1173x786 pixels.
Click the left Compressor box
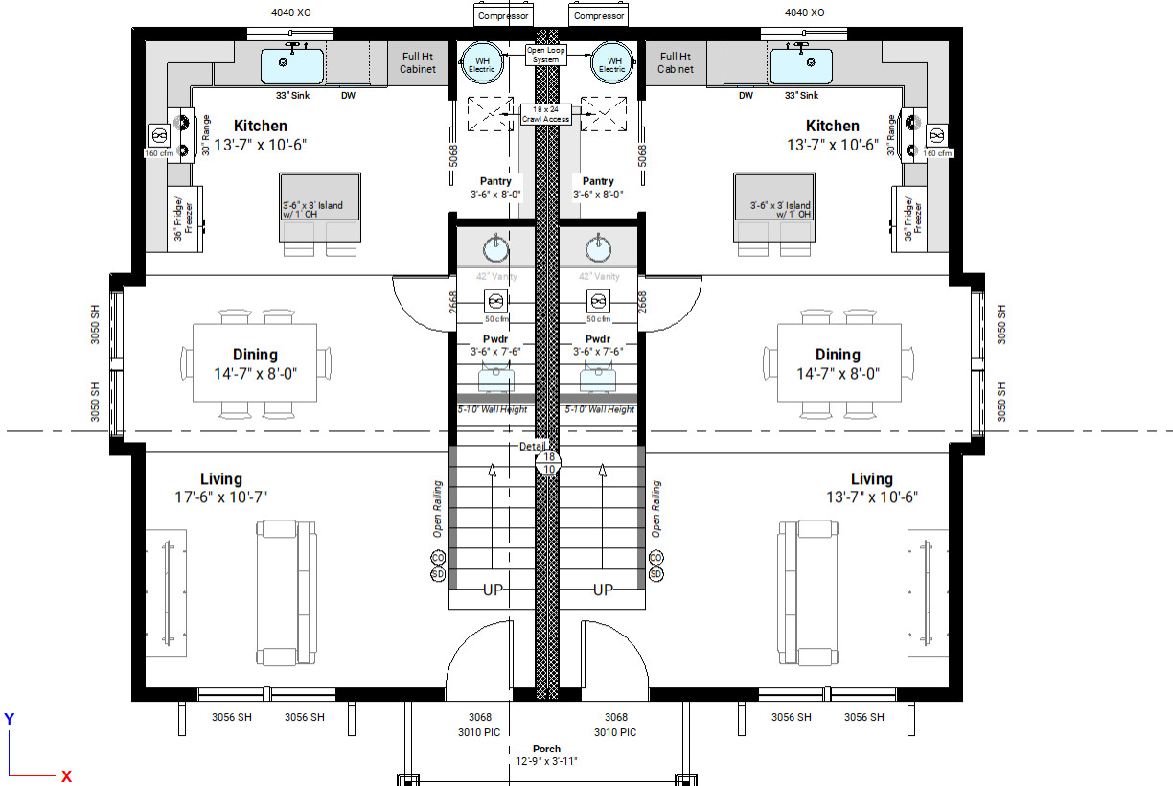point(504,16)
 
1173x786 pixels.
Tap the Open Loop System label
point(545,55)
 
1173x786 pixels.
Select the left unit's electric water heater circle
point(480,63)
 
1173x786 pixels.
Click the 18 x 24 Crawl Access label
point(545,115)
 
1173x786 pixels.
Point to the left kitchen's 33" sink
point(293,65)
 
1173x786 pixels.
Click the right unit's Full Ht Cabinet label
point(676,63)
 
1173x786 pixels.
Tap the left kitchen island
point(320,207)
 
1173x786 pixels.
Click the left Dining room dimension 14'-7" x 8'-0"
point(255,371)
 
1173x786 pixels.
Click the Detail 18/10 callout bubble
point(549,463)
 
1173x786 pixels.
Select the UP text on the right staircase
point(603,589)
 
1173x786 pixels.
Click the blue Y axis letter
point(9,719)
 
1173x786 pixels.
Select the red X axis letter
point(67,776)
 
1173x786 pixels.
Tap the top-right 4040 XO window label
point(804,12)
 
